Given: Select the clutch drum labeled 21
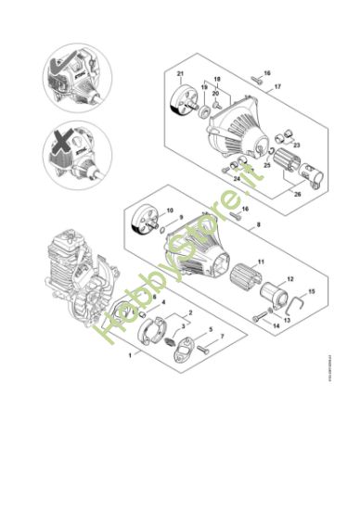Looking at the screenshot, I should click(183, 105).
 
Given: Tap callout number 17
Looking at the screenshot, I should click(276, 86).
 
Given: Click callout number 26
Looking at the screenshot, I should click(296, 194).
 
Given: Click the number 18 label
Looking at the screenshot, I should click(219, 81).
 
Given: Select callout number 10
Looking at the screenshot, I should click(169, 210).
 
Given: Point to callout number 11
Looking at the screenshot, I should click(261, 262).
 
